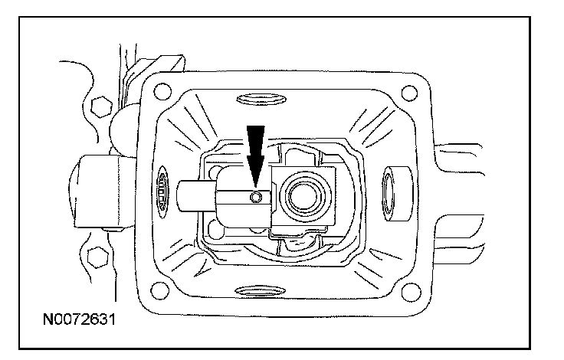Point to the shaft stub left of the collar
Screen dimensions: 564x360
pyautogui.click(x=195, y=198)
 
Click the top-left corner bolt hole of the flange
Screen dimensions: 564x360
pyautogui.click(x=161, y=92)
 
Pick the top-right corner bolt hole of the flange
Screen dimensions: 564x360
pyautogui.click(x=417, y=97)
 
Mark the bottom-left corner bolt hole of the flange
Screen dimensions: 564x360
pyautogui.click(x=160, y=290)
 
